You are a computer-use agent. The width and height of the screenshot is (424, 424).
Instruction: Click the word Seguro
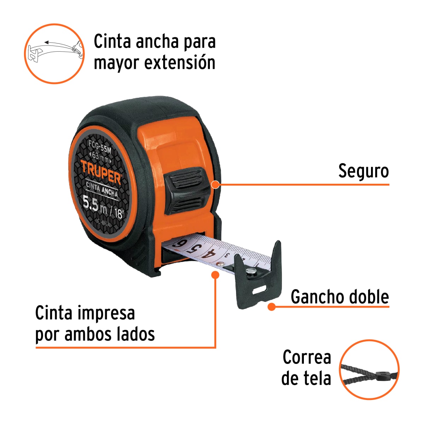363,171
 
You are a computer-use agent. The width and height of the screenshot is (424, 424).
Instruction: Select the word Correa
307,357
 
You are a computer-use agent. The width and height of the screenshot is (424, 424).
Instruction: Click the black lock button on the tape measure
186,189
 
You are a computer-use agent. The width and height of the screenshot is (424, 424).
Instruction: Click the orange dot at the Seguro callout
215,184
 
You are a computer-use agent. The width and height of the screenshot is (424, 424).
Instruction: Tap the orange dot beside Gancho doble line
271,307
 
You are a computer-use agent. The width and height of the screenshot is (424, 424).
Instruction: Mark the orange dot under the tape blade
215,275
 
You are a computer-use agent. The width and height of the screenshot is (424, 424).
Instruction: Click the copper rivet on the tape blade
220,264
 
